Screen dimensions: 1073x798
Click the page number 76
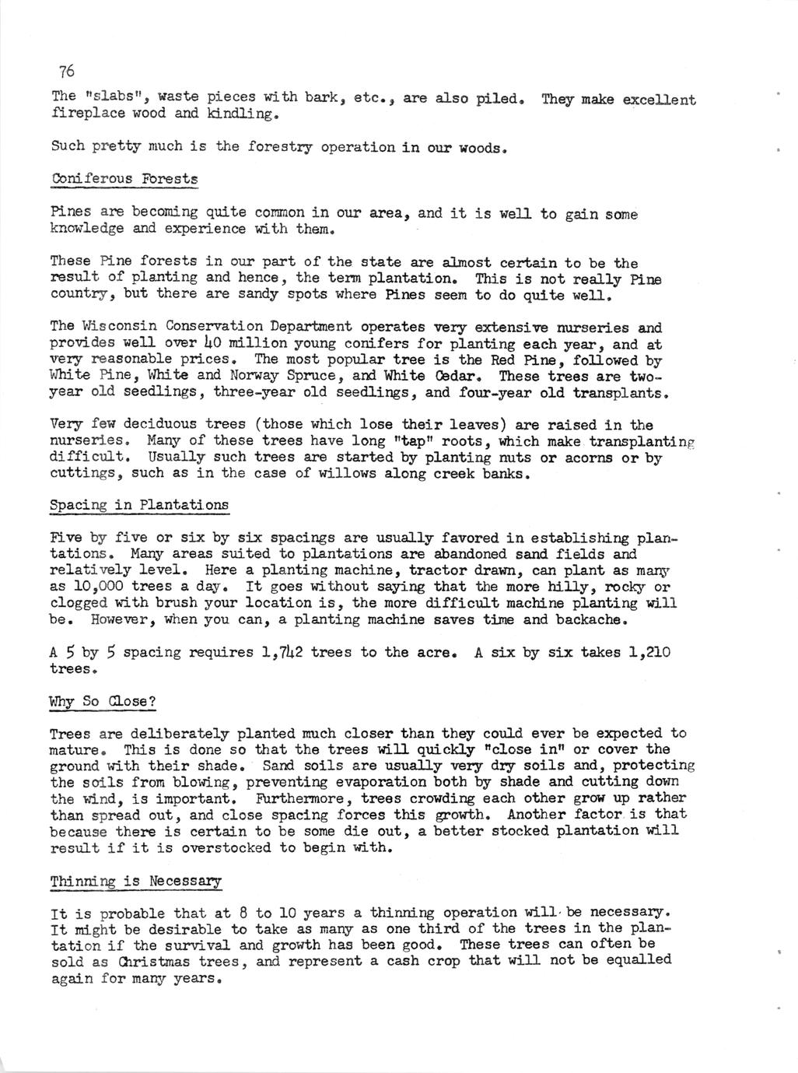click(x=66, y=72)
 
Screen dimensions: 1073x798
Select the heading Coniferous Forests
click(x=124, y=180)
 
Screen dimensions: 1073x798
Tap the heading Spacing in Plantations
click(x=139, y=505)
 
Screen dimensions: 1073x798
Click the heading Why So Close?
click(x=103, y=701)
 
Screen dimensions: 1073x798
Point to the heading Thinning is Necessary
click(x=135, y=881)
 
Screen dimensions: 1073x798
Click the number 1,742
click(x=283, y=652)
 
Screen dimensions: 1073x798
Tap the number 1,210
click(x=649, y=652)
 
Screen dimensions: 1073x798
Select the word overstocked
click(x=235, y=847)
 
